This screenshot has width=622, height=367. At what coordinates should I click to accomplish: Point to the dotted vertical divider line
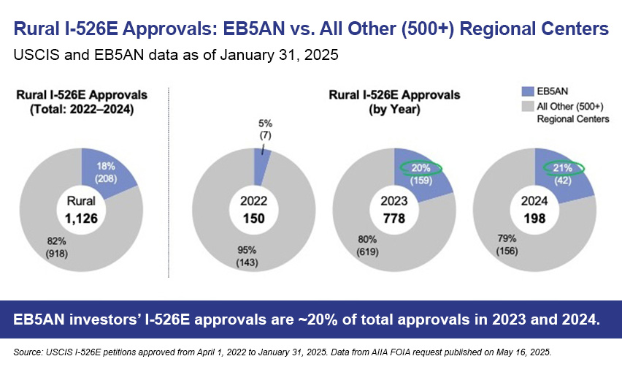(x=169, y=183)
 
